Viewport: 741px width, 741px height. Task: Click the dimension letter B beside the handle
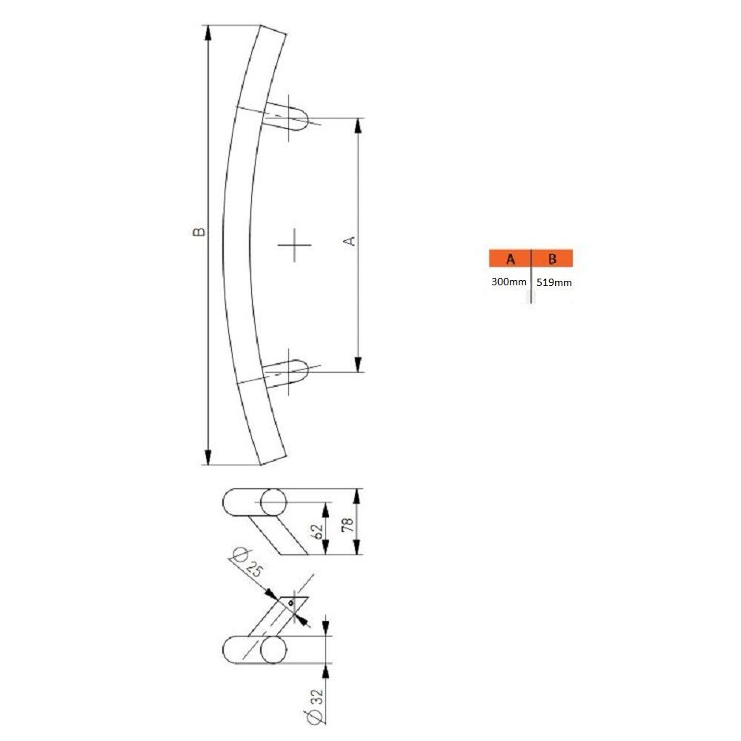199,231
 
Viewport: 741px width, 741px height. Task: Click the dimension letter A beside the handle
349,241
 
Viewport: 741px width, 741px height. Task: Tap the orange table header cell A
510,259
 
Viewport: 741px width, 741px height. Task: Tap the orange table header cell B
552,259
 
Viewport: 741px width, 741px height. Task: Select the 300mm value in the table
508,282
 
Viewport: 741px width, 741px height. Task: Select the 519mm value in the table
554,282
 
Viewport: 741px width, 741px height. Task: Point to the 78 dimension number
348,525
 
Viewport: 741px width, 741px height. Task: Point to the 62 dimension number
318,531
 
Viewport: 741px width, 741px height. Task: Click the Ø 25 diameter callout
247,562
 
